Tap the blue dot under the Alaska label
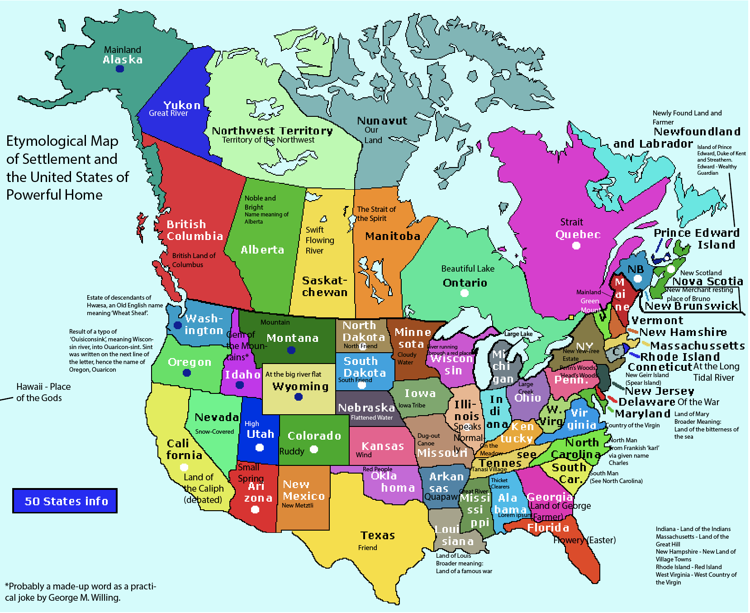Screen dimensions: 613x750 click(x=120, y=69)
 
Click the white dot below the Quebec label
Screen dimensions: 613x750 click(x=576, y=246)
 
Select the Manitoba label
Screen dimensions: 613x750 click(x=393, y=236)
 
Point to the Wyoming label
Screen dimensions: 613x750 click(x=300, y=386)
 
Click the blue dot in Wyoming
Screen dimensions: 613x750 click(x=299, y=397)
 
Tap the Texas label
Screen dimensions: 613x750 click(x=378, y=536)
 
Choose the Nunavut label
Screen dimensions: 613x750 click(x=382, y=121)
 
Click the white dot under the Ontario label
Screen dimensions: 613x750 click(x=464, y=293)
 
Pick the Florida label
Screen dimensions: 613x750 click(x=548, y=528)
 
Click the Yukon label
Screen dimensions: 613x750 click(x=182, y=105)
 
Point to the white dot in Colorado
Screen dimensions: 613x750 click(x=314, y=450)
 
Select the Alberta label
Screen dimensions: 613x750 click(x=262, y=250)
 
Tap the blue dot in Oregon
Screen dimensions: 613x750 click(x=187, y=373)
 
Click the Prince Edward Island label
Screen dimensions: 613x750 click(x=697, y=239)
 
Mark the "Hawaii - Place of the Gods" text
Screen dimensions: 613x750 click(x=43, y=392)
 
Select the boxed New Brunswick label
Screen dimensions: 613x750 click(x=691, y=306)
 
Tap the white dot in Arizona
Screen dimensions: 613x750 click(x=255, y=510)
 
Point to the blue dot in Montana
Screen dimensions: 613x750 click(x=292, y=350)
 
